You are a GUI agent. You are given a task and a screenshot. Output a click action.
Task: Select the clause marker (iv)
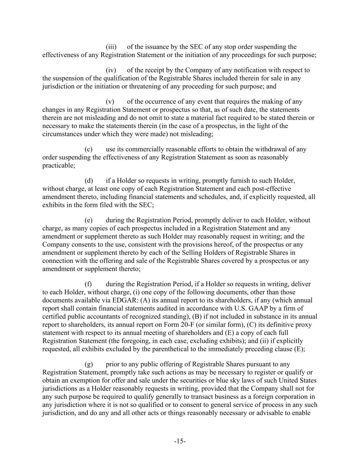coord(111,70)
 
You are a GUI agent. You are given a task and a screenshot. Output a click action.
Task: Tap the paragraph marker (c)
coord(88,149)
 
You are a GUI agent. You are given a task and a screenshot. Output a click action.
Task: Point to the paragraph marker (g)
coord(88,365)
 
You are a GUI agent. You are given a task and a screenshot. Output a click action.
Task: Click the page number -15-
coord(180,441)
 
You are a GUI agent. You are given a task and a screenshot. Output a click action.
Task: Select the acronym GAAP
coord(253,309)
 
